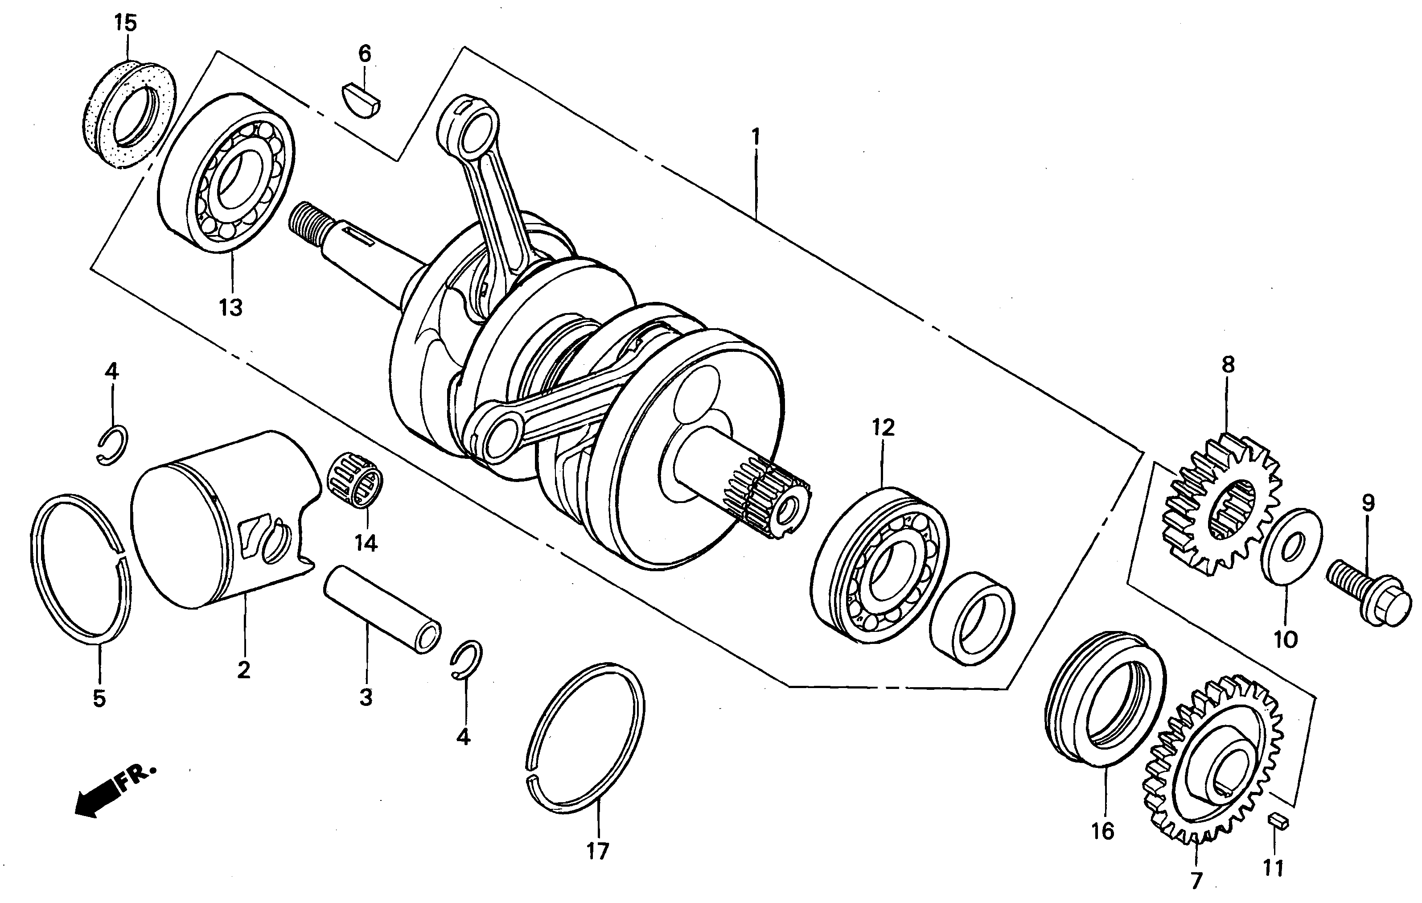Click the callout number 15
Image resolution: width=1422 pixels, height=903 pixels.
click(125, 24)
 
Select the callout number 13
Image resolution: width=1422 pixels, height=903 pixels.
click(231, 307)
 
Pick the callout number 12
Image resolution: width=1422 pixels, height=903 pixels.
click(883, 428)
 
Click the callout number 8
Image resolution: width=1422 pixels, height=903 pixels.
click(1228, 365)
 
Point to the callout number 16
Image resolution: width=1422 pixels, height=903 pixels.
click(1102, 831)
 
